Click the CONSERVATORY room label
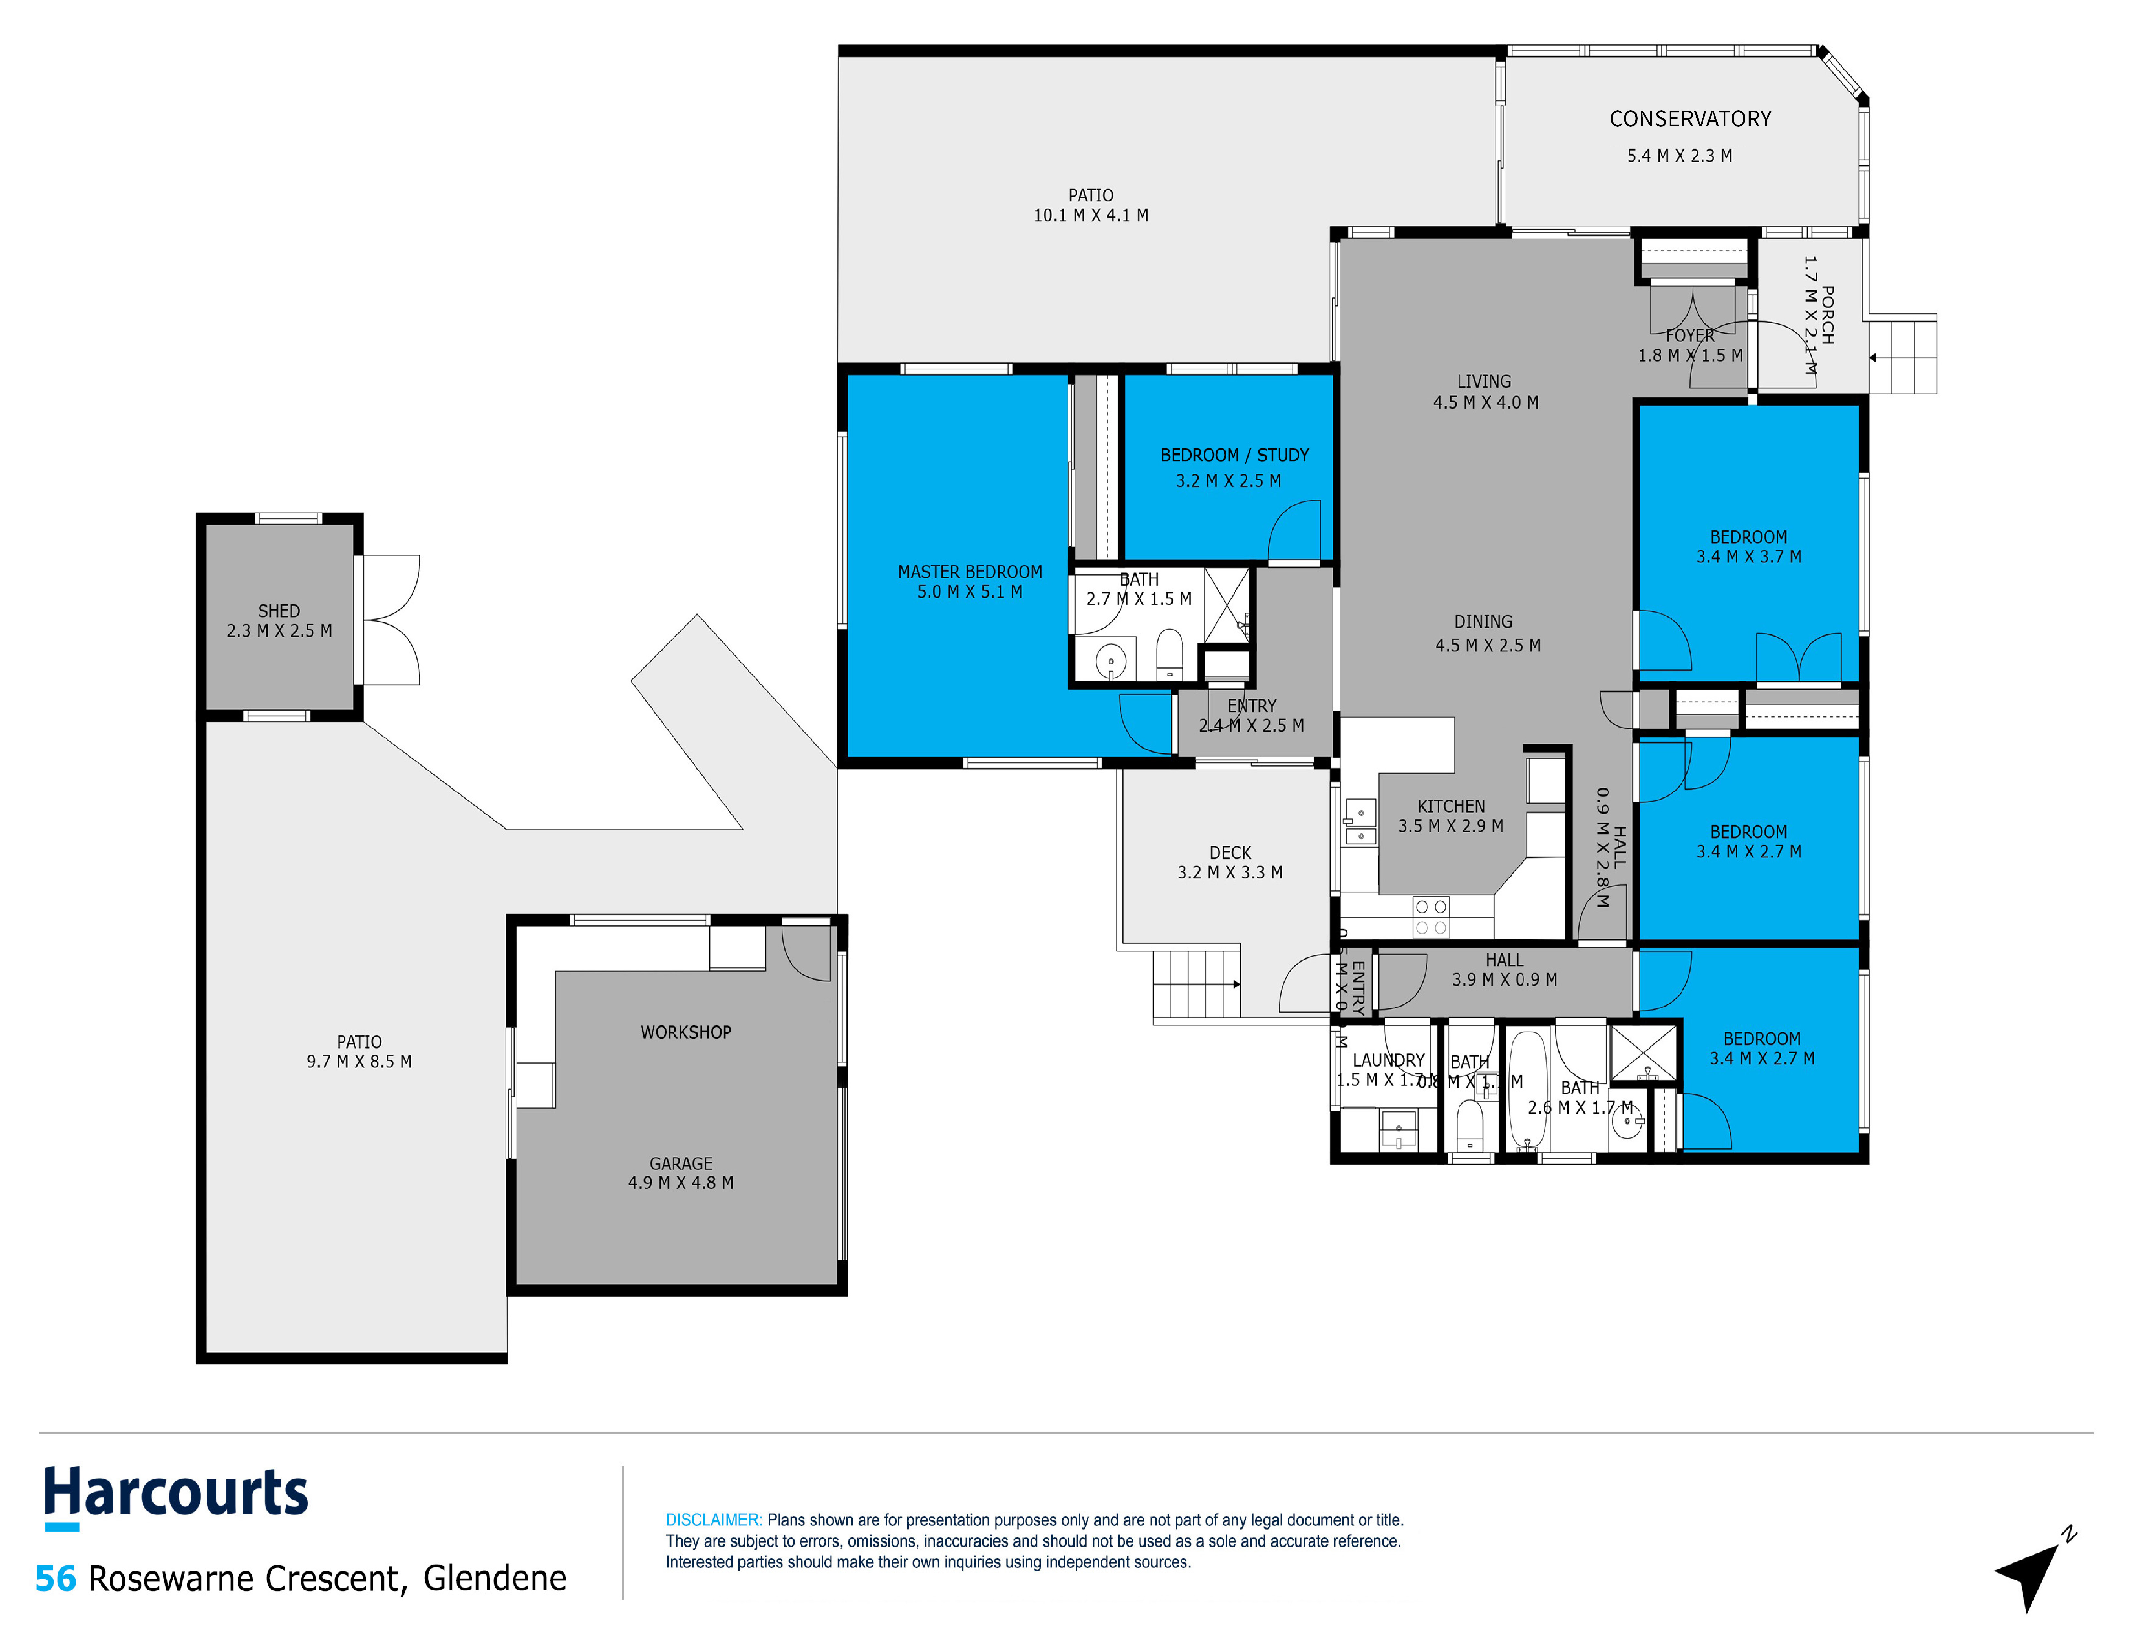click(1690, 119)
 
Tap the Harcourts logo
click(176, 1495)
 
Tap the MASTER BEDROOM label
click(970, 571)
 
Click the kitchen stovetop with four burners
click(1431, 917)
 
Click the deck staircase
click(1196, 984)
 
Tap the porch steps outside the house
click(1905, 357)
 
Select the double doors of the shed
click(391, 620)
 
